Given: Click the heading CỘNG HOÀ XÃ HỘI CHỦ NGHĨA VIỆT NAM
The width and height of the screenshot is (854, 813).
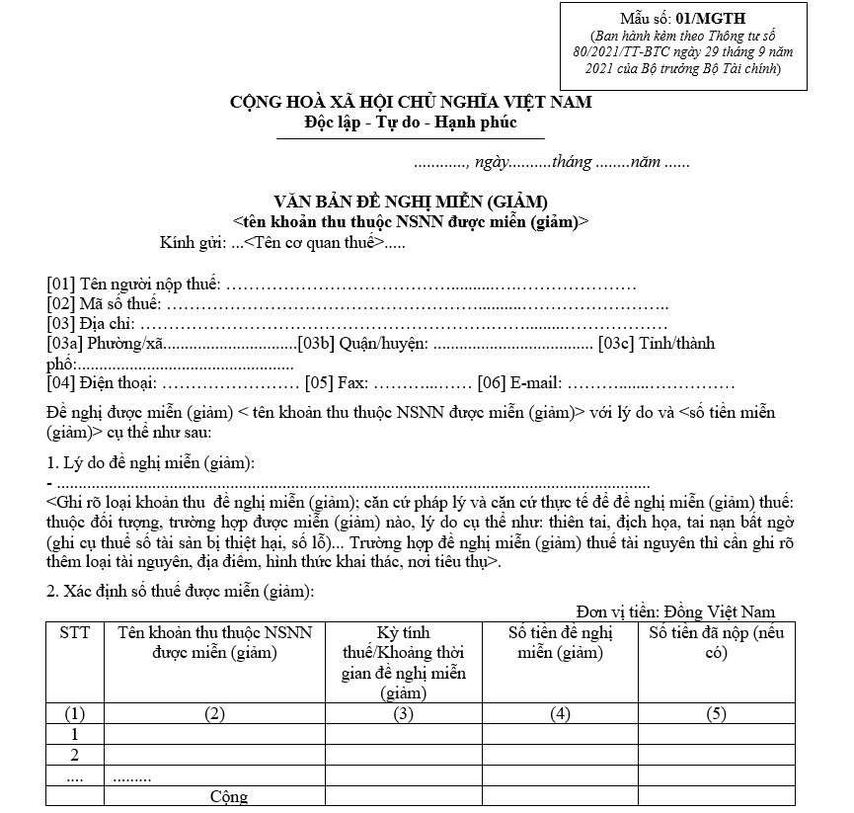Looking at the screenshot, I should [x=411, y=102].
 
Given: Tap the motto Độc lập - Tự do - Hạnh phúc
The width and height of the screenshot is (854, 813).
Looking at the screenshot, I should [x=411, y=124].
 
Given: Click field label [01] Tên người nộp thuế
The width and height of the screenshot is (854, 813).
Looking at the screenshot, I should [x=133, y=285].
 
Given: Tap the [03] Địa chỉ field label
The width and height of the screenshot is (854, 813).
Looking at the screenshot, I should [x=92, y=324].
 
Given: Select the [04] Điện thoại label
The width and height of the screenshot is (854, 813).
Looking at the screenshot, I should [x=102, y=382].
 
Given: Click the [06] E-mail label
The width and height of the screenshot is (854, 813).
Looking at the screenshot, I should [x=519, y=382].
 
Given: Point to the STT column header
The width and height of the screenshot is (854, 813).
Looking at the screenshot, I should [x=74, y=633].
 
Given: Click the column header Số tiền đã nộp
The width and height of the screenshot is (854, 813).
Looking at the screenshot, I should [x=716, y=643].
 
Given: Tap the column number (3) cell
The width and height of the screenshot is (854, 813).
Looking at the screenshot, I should [x=403, y=714].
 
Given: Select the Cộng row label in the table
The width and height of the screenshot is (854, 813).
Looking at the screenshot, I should [x=229, y=796].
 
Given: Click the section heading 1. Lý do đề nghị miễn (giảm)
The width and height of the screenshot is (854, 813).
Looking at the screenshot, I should [x=151, y=463].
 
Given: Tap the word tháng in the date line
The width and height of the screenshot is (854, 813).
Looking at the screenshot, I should [x=573, y=162].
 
